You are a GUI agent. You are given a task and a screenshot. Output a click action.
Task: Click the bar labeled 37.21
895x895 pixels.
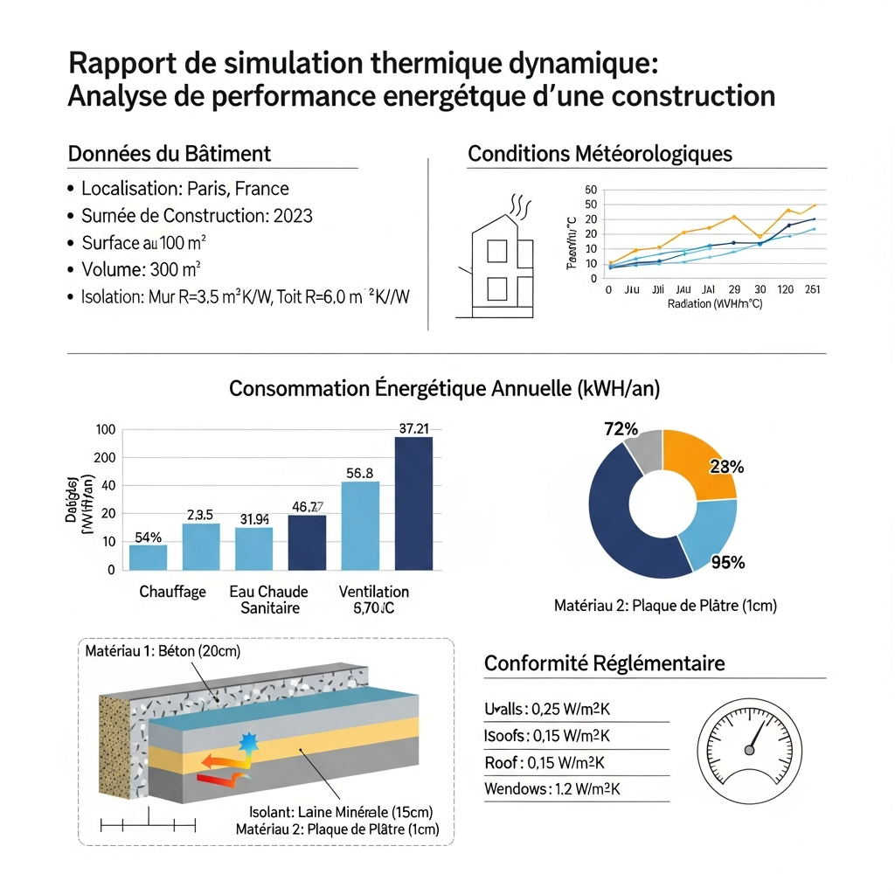click(x=413, y=503)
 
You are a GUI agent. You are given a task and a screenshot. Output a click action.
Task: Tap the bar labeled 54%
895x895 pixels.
click(x=148, y=557)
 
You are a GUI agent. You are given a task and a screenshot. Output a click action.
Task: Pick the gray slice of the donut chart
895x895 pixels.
click(x=644, y=452)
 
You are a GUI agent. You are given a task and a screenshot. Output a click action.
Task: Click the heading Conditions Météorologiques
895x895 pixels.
click(x=600, y=154)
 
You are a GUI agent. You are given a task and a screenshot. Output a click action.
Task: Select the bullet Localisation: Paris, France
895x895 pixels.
click(x=184, y=189)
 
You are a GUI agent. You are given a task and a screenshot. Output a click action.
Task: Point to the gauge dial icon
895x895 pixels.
click(x=750, y=751)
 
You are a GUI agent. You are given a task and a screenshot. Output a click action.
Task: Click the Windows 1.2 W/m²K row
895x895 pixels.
click(x=552, y=789)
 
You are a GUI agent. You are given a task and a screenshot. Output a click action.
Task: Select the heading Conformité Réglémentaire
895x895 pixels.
click(x=605, y=663)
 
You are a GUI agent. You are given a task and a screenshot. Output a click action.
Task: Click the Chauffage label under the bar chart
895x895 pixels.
click(x=172, y=592)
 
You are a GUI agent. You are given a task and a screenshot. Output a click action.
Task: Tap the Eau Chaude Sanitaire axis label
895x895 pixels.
click(x=269, y=600)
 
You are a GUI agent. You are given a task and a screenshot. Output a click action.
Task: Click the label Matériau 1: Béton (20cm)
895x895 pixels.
click(x=163, y=651)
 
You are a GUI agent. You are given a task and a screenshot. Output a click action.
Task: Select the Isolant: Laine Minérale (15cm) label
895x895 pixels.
click(x=341, y=811)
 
